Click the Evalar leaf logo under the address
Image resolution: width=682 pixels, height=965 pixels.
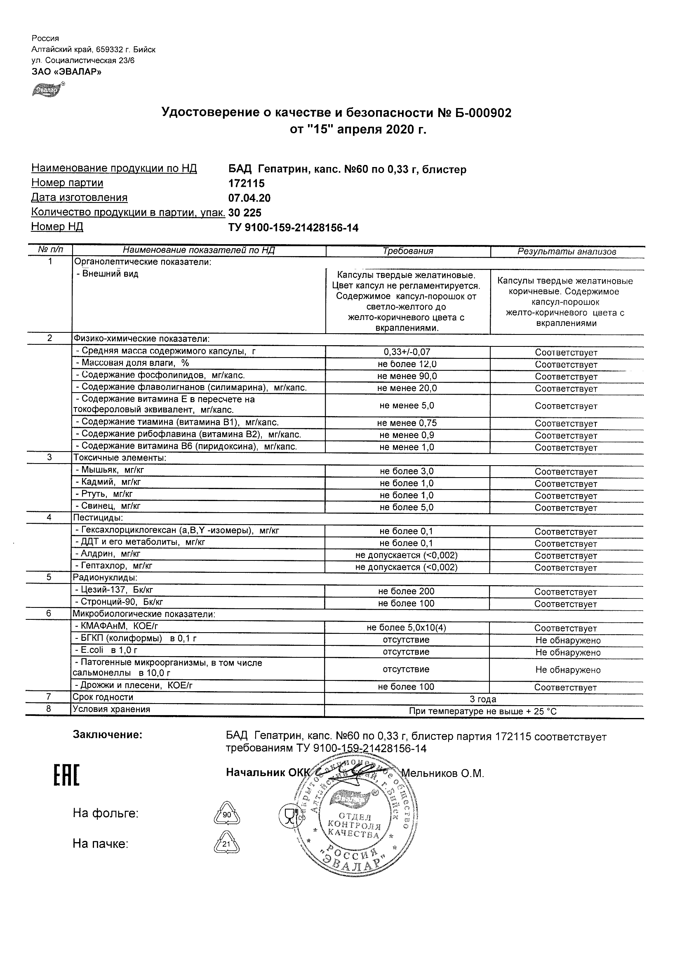(48, 89)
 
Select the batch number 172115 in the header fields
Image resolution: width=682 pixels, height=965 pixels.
(246, 183)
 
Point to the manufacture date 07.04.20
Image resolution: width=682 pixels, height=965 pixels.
(249, 198)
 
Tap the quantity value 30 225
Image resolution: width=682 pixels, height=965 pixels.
(245, 213)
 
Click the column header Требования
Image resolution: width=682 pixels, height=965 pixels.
(408, 251)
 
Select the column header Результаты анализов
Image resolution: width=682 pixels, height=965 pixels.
(567, 252)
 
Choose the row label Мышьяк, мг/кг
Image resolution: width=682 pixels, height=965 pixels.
(109, 470)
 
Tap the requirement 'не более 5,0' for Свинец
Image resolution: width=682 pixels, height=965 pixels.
(406, 507)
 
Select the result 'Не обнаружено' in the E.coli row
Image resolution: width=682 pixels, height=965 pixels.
(568, 652)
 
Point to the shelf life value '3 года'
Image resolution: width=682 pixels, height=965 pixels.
(483, 699)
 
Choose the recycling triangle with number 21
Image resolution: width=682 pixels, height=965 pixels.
(226, 844)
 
